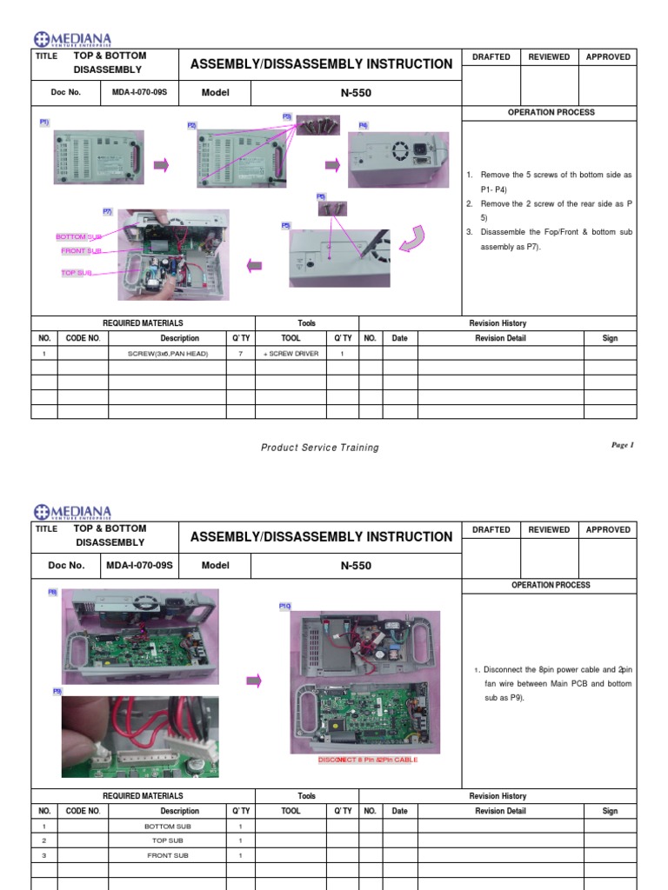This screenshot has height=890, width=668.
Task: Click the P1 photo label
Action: pyautogui.click(x=44, y=123)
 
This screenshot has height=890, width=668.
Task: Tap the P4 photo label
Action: pyautogui.click(x=364, y=125)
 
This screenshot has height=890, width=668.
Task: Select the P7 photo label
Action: pyautogui.click(x=107, y=211)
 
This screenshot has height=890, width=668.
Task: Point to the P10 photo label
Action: pyautogui.click(x=284, y=606)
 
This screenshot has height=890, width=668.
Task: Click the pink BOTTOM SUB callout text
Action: pyautogui.click(x=79, y=236)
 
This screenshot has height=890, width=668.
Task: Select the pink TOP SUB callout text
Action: pyautogui.click(x=76, y=273)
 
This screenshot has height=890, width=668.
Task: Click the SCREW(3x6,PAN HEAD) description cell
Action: pyautogui.click(x=168, y=354)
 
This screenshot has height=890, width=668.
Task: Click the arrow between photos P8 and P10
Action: pyautogui.click(x=254, y=681)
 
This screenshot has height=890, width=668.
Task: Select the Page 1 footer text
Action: pyautogui.click(x=623, y=445)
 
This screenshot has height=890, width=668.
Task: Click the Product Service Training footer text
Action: pyautogui.click(x=320, y=448)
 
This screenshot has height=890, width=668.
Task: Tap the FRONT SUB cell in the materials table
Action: pyautogui.click(x=168, y=855)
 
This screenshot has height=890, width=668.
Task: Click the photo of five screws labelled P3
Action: pyautogui.click(x=317, y=124)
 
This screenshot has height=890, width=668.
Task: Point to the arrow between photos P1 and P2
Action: pyautogui.click(x=161, y=165)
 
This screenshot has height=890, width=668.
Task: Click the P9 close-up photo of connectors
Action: pyautogui.click(x=139, y=736)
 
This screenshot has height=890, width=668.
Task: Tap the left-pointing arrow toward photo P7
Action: pyautogui.click(x=255, y=265)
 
